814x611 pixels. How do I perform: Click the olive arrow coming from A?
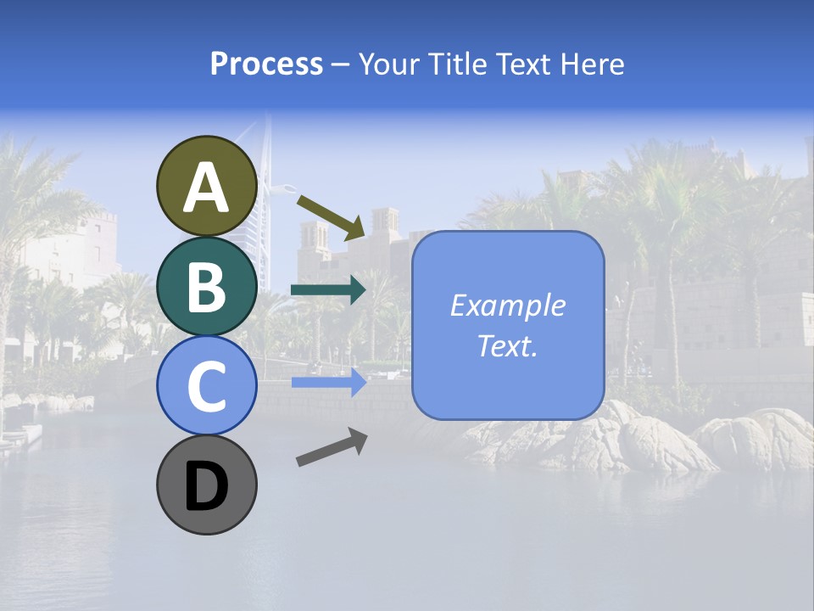tap(332, 216)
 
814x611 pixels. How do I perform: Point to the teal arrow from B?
tap(328, 290)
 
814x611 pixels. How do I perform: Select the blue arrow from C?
tap(328, 383)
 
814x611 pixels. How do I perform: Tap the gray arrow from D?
tap(332, 447)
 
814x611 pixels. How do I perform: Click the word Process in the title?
tap(266, 64)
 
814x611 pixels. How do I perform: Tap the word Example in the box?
tap(507, 305)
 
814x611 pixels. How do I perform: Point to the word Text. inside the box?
tap(507, 345)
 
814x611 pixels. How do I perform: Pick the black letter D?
tap(206, 486)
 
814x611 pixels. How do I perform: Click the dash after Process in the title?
tap(341, 65)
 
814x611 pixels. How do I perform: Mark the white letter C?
tap(206, 386)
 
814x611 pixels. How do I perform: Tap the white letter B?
tap(206, 287)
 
